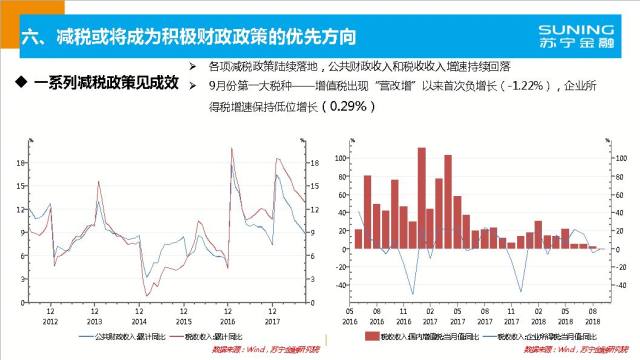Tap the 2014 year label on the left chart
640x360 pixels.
[138, 321]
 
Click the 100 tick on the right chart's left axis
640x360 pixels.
[341, 158]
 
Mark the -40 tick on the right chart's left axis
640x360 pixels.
[341, 285]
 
